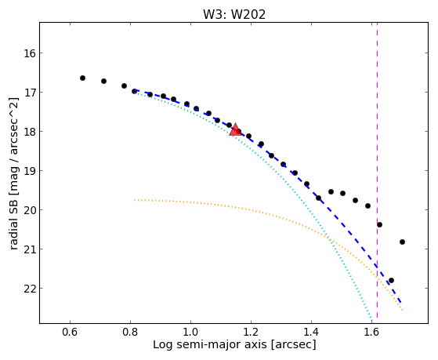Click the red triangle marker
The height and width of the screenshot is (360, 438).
(235, 129)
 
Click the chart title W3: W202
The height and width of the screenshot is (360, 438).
(234, 14)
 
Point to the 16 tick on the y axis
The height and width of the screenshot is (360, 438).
(41, 53)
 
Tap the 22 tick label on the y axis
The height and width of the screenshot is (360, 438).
(30, 289)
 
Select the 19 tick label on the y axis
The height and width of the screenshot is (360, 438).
(30, 171)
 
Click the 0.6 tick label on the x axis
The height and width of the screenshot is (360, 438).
(70, 333)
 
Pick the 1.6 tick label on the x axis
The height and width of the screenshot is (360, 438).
(371, 333)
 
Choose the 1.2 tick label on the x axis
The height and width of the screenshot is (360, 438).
(251, 333)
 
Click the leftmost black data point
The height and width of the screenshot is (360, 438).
(82, 78)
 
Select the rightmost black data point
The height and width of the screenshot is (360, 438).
(402, 242)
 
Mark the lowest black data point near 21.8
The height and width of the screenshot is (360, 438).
(391, 280)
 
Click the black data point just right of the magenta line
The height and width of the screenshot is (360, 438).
(379, 224)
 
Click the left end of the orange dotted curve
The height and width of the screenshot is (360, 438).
(134, 200)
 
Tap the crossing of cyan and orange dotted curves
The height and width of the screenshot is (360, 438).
(330, 238)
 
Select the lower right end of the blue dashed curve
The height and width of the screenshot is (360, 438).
(401, 303)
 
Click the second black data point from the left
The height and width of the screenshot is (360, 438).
(103, 81)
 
